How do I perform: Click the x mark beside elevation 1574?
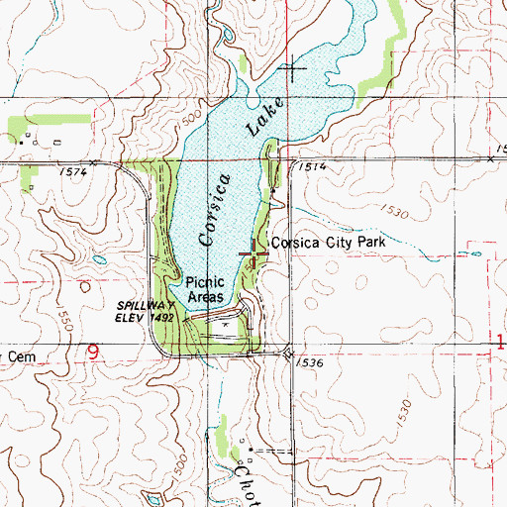(92, 161)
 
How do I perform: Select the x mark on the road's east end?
(490, 158)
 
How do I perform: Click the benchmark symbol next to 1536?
(288, 353)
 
